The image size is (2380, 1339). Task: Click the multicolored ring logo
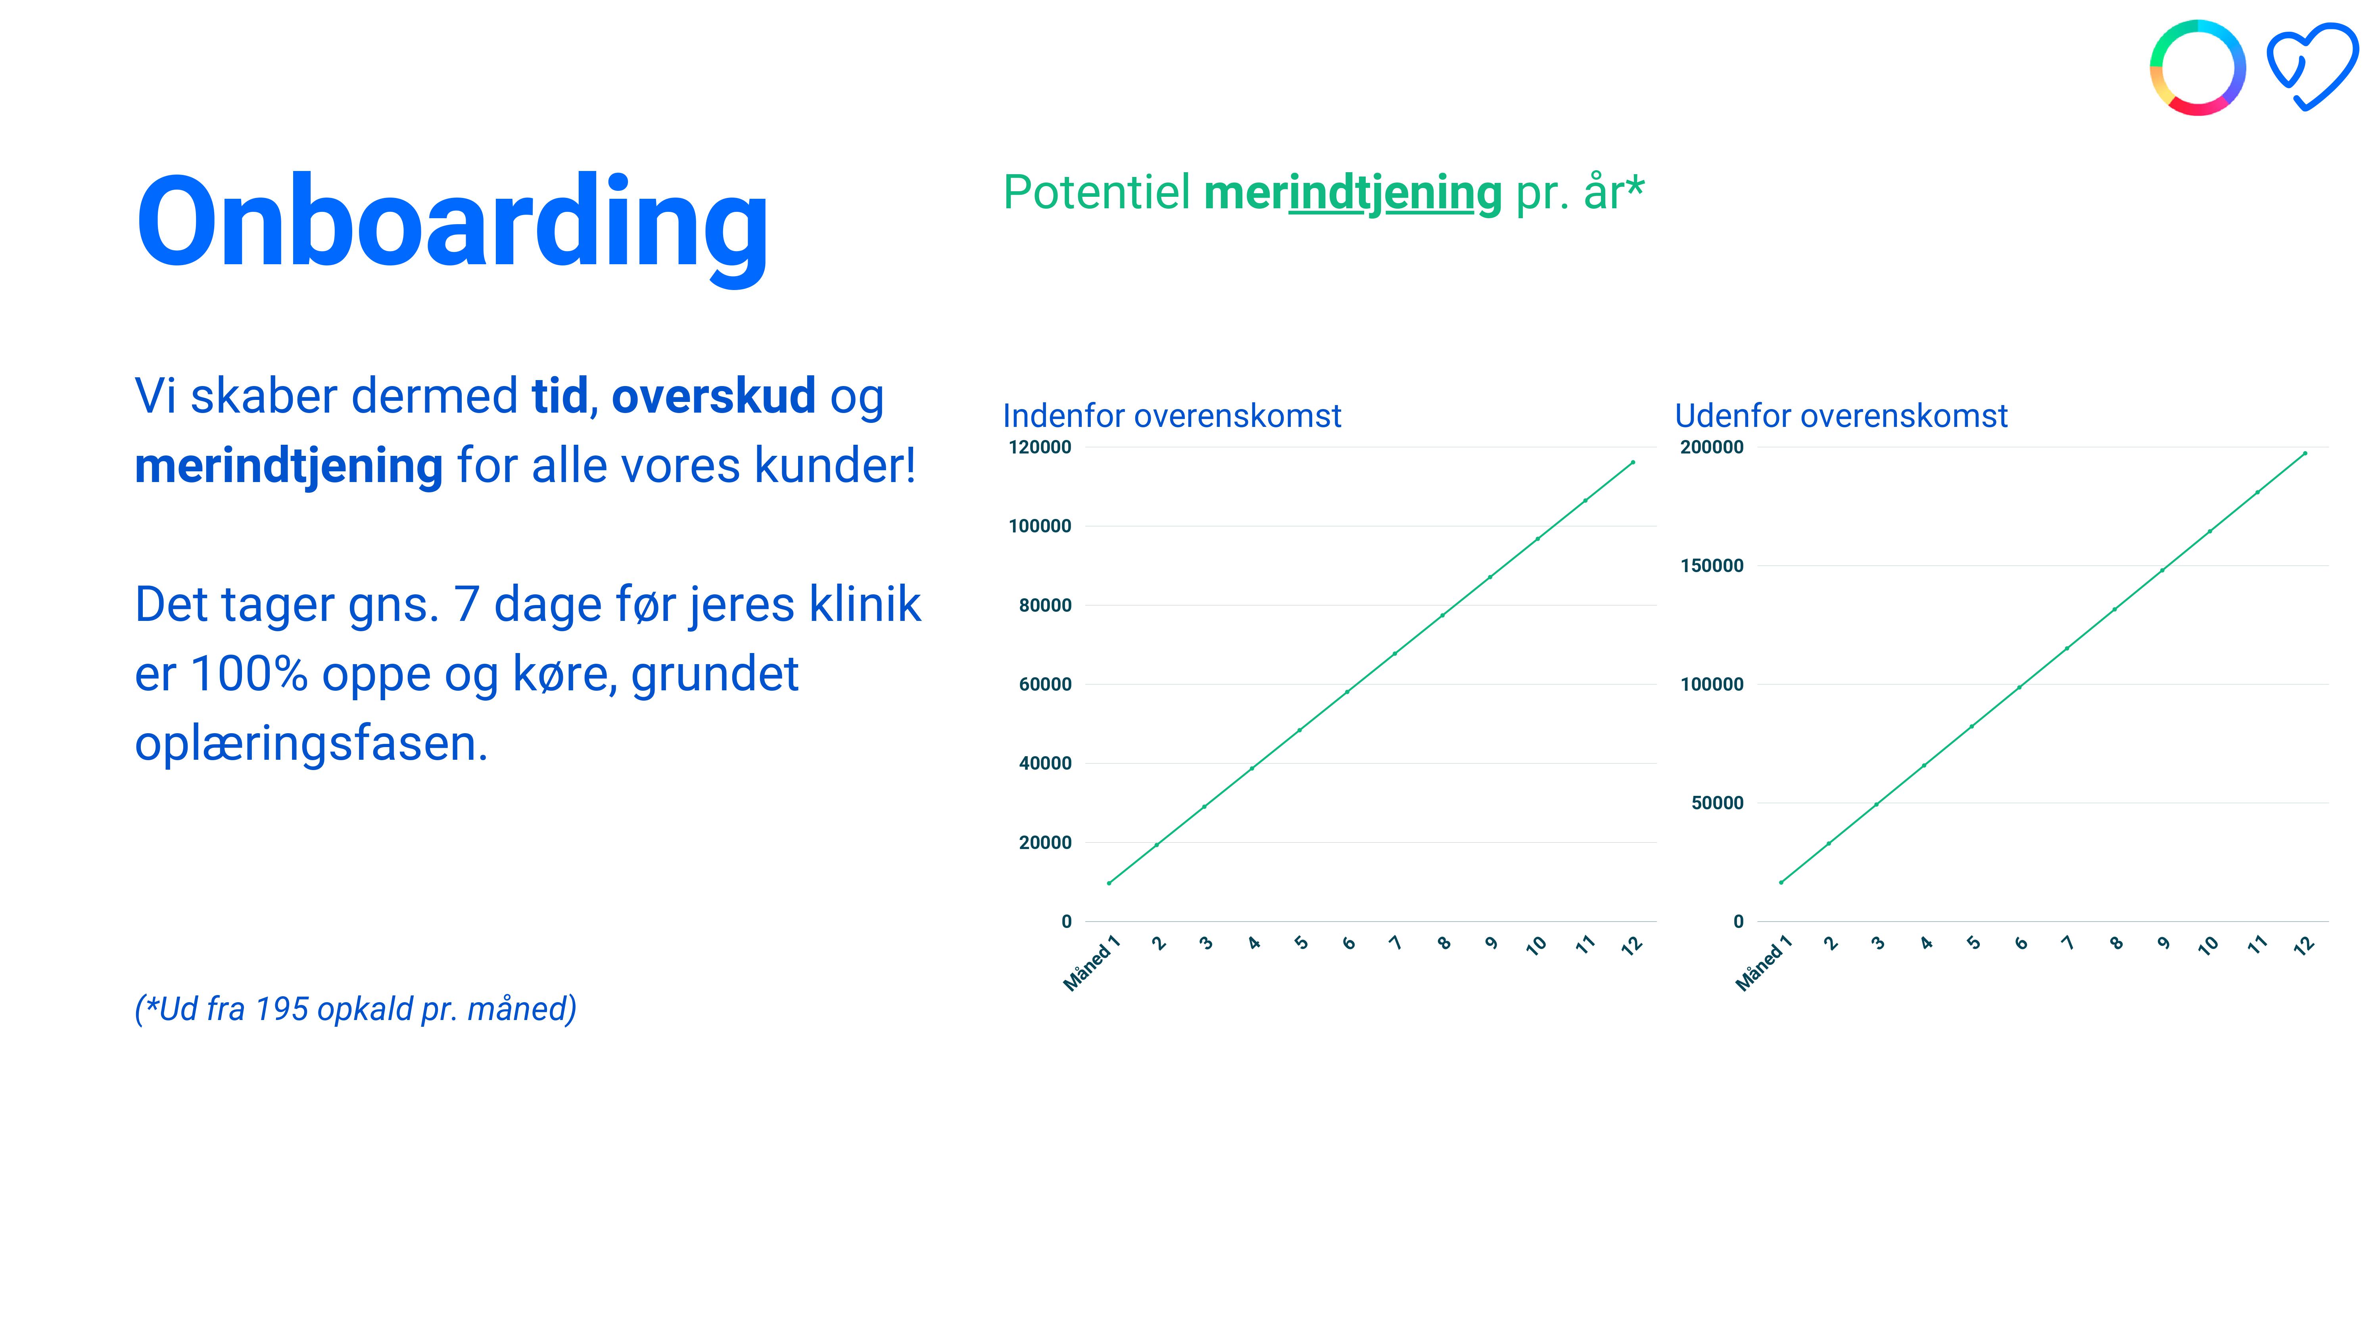pos(2197,67)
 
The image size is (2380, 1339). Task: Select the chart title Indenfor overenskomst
pos(1171,416)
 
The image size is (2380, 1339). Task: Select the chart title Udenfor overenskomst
pos(1841,416)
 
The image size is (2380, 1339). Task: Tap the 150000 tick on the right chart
pos(1712,565)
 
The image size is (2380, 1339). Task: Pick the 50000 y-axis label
pos(1718,803)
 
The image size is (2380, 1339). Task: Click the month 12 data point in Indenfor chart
pos(1633,462)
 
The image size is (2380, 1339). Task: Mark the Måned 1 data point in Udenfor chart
pos(1780,882)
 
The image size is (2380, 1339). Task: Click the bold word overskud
pos(713,396)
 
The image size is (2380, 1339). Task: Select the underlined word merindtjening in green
pos(1353,193)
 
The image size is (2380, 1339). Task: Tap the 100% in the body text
pos(249,674)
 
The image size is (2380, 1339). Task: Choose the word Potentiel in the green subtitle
pos(1097,193)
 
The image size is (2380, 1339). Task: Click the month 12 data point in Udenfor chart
pos(2305,453)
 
